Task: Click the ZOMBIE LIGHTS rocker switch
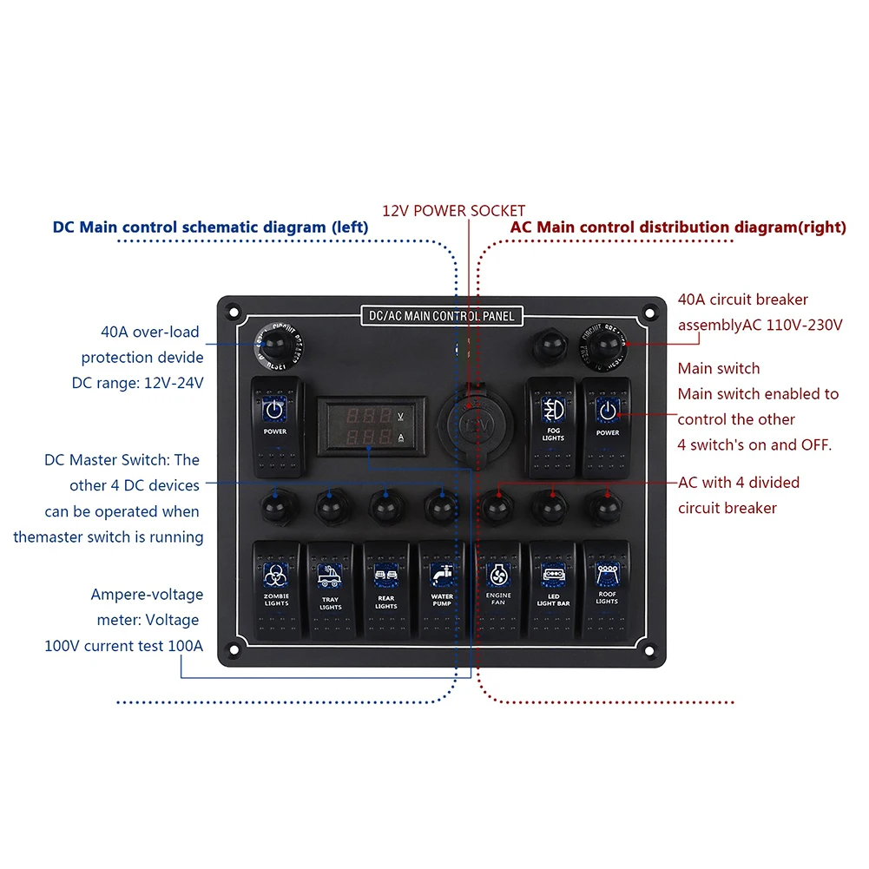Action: pos(276,589)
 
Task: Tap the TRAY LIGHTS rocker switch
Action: pos(331,589)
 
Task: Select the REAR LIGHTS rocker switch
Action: pos(386,589)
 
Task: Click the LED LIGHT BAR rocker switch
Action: pos(553,589)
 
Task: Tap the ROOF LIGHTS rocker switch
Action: pos(607,589)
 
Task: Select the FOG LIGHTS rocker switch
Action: pos(552,425)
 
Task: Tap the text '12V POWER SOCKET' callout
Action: pos(453,210)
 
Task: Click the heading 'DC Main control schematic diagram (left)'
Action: pos(210,227)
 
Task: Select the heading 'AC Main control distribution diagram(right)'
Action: pos(677,227)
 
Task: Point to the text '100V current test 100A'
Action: pos(123,646)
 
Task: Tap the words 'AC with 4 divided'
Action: pos(739,483)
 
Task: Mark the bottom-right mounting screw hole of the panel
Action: pos(647,648)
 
